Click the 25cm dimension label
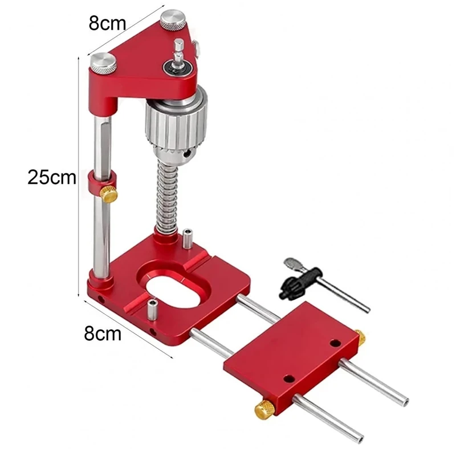click(51, 177)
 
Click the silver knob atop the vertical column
click(103, 60)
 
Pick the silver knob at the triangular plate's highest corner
click(171, 22)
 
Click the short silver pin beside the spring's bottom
click(188, 238)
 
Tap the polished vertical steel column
click(99, 228)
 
